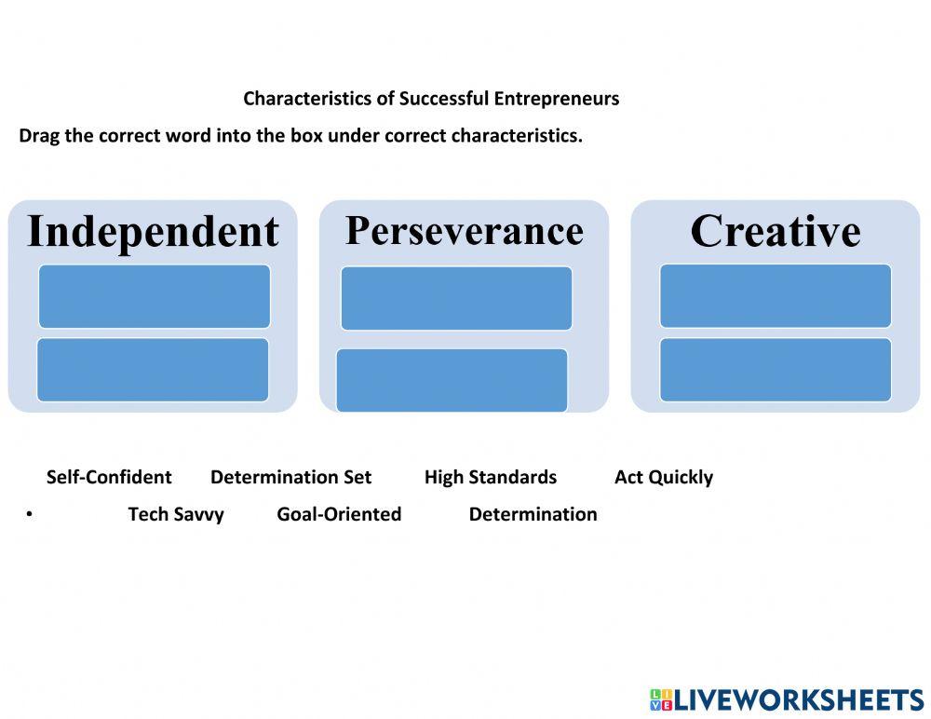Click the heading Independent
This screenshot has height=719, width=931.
coord(153,232)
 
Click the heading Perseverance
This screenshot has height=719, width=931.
coord(464,230)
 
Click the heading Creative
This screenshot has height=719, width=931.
coord(775,231)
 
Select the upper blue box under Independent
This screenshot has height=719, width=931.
coord(155,296)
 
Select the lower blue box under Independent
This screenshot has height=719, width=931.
coord(154,370)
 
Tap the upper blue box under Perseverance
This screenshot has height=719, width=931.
coord(456,298)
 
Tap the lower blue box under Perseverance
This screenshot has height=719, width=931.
coord(452,379)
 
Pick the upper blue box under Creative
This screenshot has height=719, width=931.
coord(776,296)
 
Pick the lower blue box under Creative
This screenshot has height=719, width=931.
coord(776,370)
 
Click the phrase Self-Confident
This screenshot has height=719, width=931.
coord(109,478)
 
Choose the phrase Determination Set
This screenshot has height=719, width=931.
coord(290,478)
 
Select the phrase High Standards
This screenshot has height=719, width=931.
coord(490,478)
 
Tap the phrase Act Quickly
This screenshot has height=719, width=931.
coord(663,478)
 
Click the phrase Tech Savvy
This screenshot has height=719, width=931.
coord(176,515)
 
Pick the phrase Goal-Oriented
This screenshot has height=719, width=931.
coord(339,515)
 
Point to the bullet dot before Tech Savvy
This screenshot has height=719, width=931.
coord(30,515)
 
